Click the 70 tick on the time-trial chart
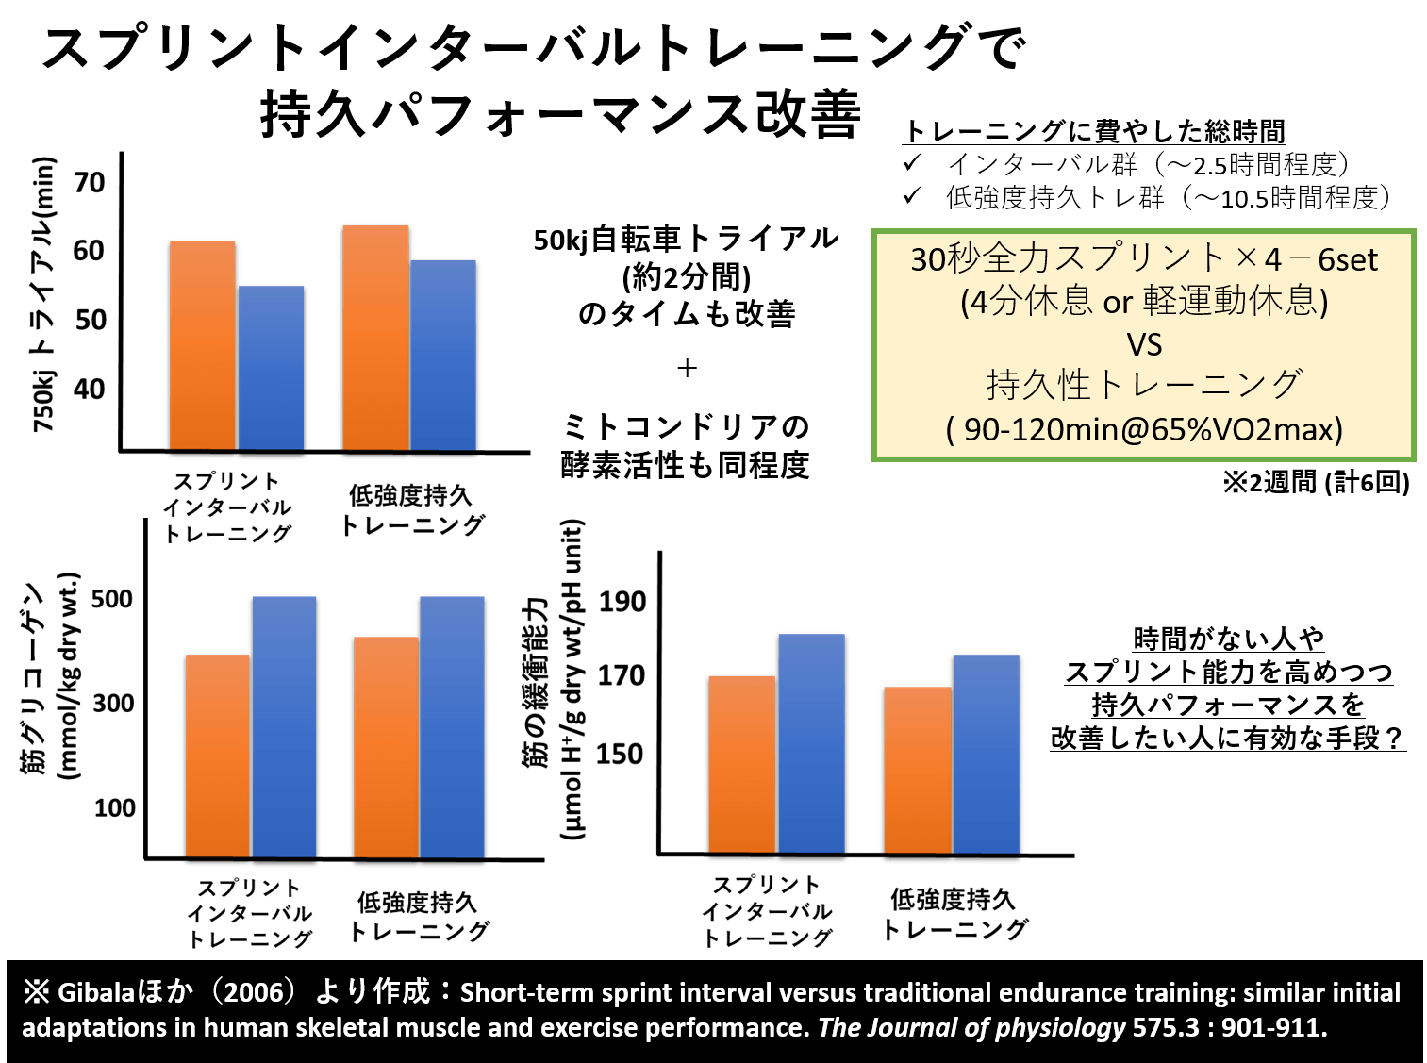click(90, 181)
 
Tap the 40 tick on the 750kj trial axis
click(90, 388)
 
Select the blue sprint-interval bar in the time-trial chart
click(271, 368)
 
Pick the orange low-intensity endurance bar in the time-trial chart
click(375, 338)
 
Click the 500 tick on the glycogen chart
click(112, 599)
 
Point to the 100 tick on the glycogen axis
click(114, 807)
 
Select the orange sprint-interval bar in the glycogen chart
click(218, 756)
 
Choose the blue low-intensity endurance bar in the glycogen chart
click(452, 727)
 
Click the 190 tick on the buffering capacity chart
click(622, 601)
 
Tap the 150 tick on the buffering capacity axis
click(620, 754)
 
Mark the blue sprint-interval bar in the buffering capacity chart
click(811, 743)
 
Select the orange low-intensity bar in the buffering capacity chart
click(918, 770)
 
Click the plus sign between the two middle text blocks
click(687, 368)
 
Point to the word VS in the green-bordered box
click(1144, 344)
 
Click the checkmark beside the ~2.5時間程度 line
click(912, 164)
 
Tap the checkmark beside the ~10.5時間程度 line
click(912, 196)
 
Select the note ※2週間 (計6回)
click(1316, 483)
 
